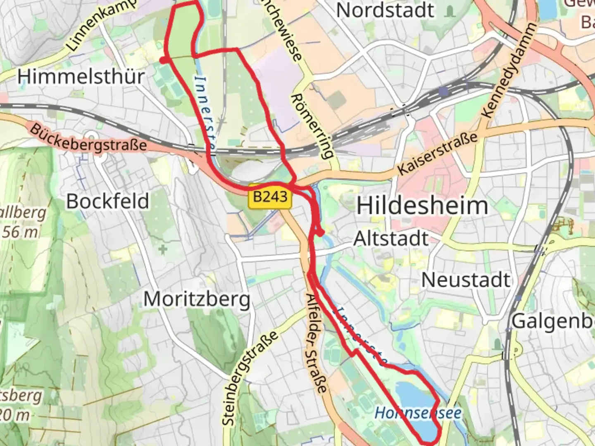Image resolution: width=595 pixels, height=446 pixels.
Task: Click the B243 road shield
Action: (x=270, y=196)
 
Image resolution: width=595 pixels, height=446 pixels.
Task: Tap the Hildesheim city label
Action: (x=422, y=206)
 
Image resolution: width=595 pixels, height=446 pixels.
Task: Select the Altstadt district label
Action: (x=391, y=239)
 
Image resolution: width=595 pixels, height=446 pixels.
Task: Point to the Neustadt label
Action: (x=466, y=280)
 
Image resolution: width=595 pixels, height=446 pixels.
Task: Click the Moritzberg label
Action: (x=197, y=299)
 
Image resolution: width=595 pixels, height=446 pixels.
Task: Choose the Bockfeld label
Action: (x=107, y=201)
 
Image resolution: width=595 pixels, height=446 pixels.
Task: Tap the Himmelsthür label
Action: (x=81, y=77)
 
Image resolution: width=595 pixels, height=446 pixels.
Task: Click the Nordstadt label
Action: (x=385, y=10)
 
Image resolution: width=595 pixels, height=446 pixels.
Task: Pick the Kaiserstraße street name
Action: (x=437, y=153)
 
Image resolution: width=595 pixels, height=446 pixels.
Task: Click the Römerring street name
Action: (x=312, y=126)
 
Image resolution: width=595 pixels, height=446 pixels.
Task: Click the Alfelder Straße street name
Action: (x=317, y=343)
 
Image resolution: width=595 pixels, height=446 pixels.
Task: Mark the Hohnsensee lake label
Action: (x=418, y=413)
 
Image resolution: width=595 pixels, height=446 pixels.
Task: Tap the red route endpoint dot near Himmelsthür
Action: (x=164, y=60)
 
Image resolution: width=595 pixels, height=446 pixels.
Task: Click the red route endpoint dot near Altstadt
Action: (x=320, y=233)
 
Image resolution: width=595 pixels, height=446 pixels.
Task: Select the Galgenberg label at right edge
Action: (x=552, y=321)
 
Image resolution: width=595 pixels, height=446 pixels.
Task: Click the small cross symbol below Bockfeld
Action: (x=163, y=249)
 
